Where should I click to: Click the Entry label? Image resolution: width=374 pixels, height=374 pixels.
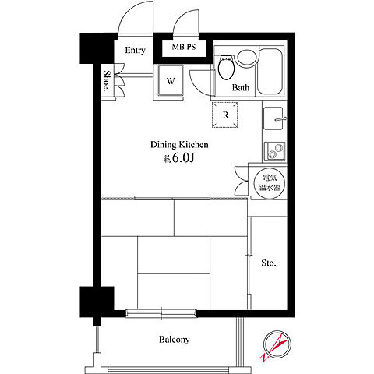(135, 50)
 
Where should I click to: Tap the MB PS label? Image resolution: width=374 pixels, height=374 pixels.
(184, 47)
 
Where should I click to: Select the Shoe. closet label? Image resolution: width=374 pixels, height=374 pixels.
(106, 81)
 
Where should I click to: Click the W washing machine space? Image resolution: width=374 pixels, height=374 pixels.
(170, 80)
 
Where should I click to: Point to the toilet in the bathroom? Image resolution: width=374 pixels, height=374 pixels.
(226, 67)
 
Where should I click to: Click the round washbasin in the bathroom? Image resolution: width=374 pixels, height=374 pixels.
(247, 58)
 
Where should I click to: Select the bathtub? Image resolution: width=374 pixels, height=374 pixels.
(270, 71)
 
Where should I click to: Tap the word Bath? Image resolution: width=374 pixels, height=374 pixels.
(241, 87)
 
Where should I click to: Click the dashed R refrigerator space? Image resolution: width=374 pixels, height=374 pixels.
(225, 115)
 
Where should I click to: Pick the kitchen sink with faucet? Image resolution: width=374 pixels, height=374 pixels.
(274, 118)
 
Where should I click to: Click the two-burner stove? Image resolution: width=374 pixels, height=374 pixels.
(274, 151)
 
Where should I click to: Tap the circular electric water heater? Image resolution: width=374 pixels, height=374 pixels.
(270, 183)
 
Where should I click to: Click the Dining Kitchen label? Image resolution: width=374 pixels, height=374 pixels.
(179, 145)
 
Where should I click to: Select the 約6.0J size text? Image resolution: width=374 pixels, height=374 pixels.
(178, 158)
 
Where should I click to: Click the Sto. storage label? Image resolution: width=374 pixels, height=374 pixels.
(269, 263)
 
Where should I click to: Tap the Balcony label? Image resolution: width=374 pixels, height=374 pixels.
(174, 340)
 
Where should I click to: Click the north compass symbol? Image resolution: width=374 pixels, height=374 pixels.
(277, 345)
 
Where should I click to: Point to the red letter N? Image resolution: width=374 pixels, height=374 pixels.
(265, 357)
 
